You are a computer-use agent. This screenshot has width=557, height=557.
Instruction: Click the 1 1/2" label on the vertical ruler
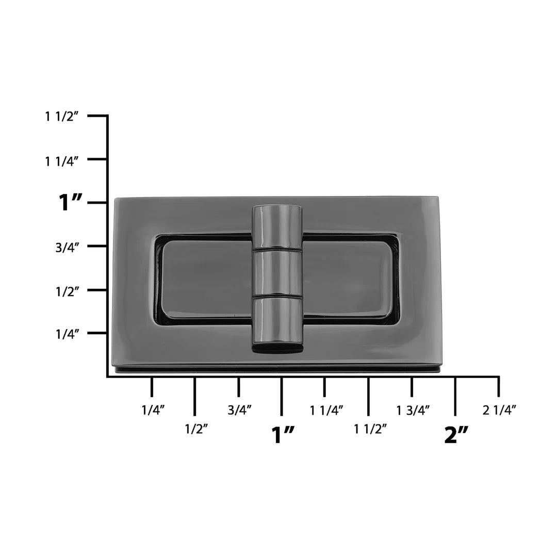[62, 117]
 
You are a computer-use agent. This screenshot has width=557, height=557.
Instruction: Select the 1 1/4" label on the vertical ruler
[62, 160]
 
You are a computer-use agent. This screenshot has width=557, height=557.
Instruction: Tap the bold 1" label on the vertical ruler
[71, 203]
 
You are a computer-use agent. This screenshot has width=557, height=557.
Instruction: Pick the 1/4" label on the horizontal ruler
[153, 411]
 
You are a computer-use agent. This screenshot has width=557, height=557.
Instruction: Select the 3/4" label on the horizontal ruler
[239, 411]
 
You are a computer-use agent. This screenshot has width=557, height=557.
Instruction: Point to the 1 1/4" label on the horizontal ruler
[326, 411]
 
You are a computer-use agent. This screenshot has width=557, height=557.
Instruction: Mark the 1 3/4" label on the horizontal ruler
[413, 411]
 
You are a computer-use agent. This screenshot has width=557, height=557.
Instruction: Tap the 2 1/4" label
[499, 411]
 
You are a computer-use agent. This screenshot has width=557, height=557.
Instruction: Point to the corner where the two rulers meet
[107, 377]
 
